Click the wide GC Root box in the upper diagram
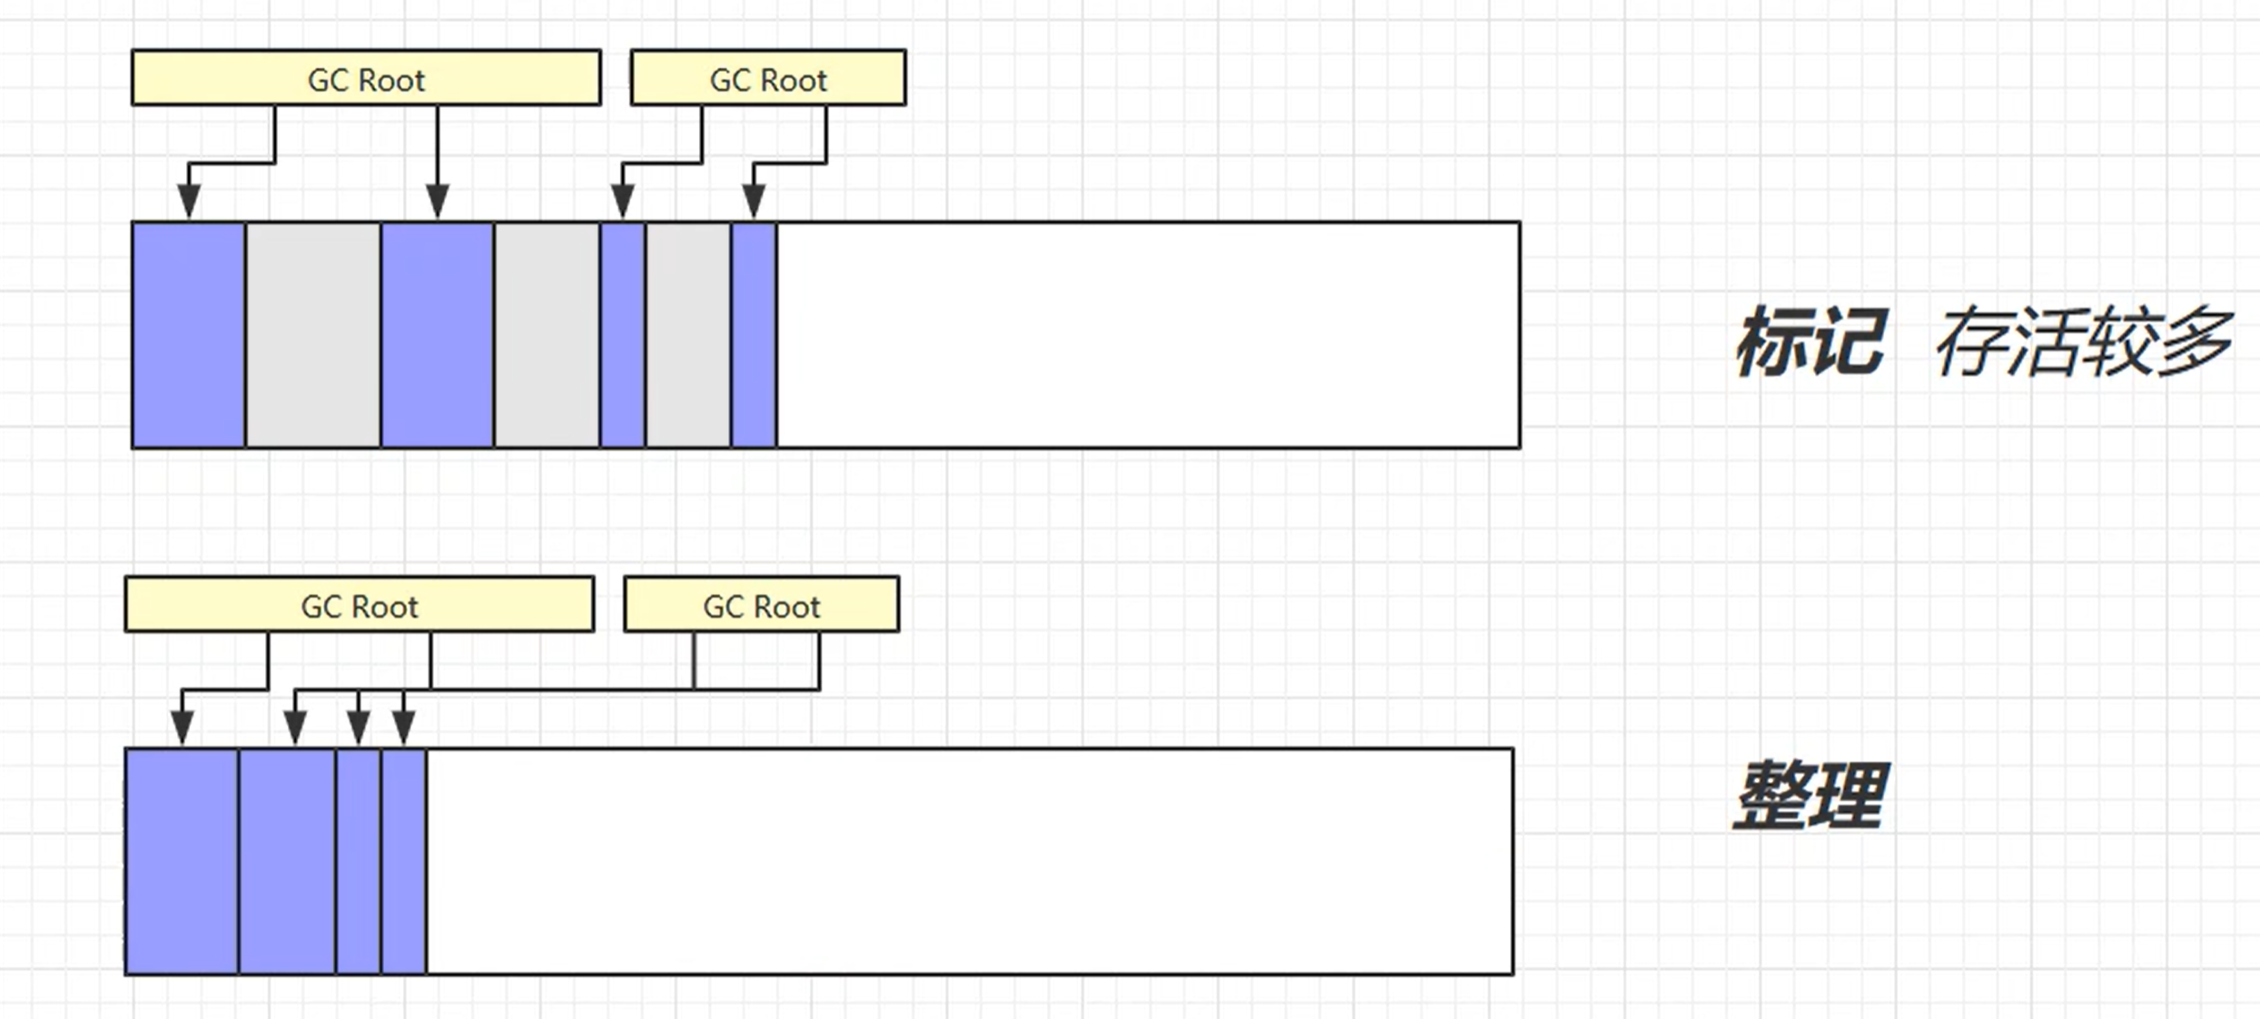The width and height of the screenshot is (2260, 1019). pyautogui.click(x=366, y=78)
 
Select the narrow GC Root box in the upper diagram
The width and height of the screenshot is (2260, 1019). pyautogui.click(x=768, y=78)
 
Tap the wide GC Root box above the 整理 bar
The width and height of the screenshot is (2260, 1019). pyautogui.click(x=360, y=605)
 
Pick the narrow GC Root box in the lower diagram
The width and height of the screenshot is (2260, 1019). pyautogui.click(x=761, y=605)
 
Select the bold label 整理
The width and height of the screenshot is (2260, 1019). pyautogui.click(x=1811, y=796)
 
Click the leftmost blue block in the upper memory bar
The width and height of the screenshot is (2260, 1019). pyautogui.click(x=188, y=334)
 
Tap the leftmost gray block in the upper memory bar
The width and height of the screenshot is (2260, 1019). pyautogui.click(x=313, y=334)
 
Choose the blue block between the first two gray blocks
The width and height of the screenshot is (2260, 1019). pyautogui.click(x=438, y=334)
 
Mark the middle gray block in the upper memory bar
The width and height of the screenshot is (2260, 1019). pyautogui.click(x=547, y=334)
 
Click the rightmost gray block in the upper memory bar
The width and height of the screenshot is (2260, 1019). pyautogui.click(x=688, y=334)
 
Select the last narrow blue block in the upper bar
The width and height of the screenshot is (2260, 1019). pyautogui.click(x=754, y=334)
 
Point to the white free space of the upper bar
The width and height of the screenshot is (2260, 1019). pyautogui.click(x=1148, y=334)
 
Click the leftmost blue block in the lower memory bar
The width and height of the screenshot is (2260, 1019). pyautogui.click(x=182, y=861)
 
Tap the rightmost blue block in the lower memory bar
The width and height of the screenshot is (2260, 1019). pyautogui.click(x=403, y=861)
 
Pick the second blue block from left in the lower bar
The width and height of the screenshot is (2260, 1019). pyautogui.click(x=287, y=861)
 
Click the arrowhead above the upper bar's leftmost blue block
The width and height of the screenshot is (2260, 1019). pyautogui.click(x=188, y=200)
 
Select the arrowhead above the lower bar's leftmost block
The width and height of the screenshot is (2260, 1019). pyautogui.click(x=182, y=727)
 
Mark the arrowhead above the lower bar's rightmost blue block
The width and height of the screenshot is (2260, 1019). pyautogui.click(x=403, y=727)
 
